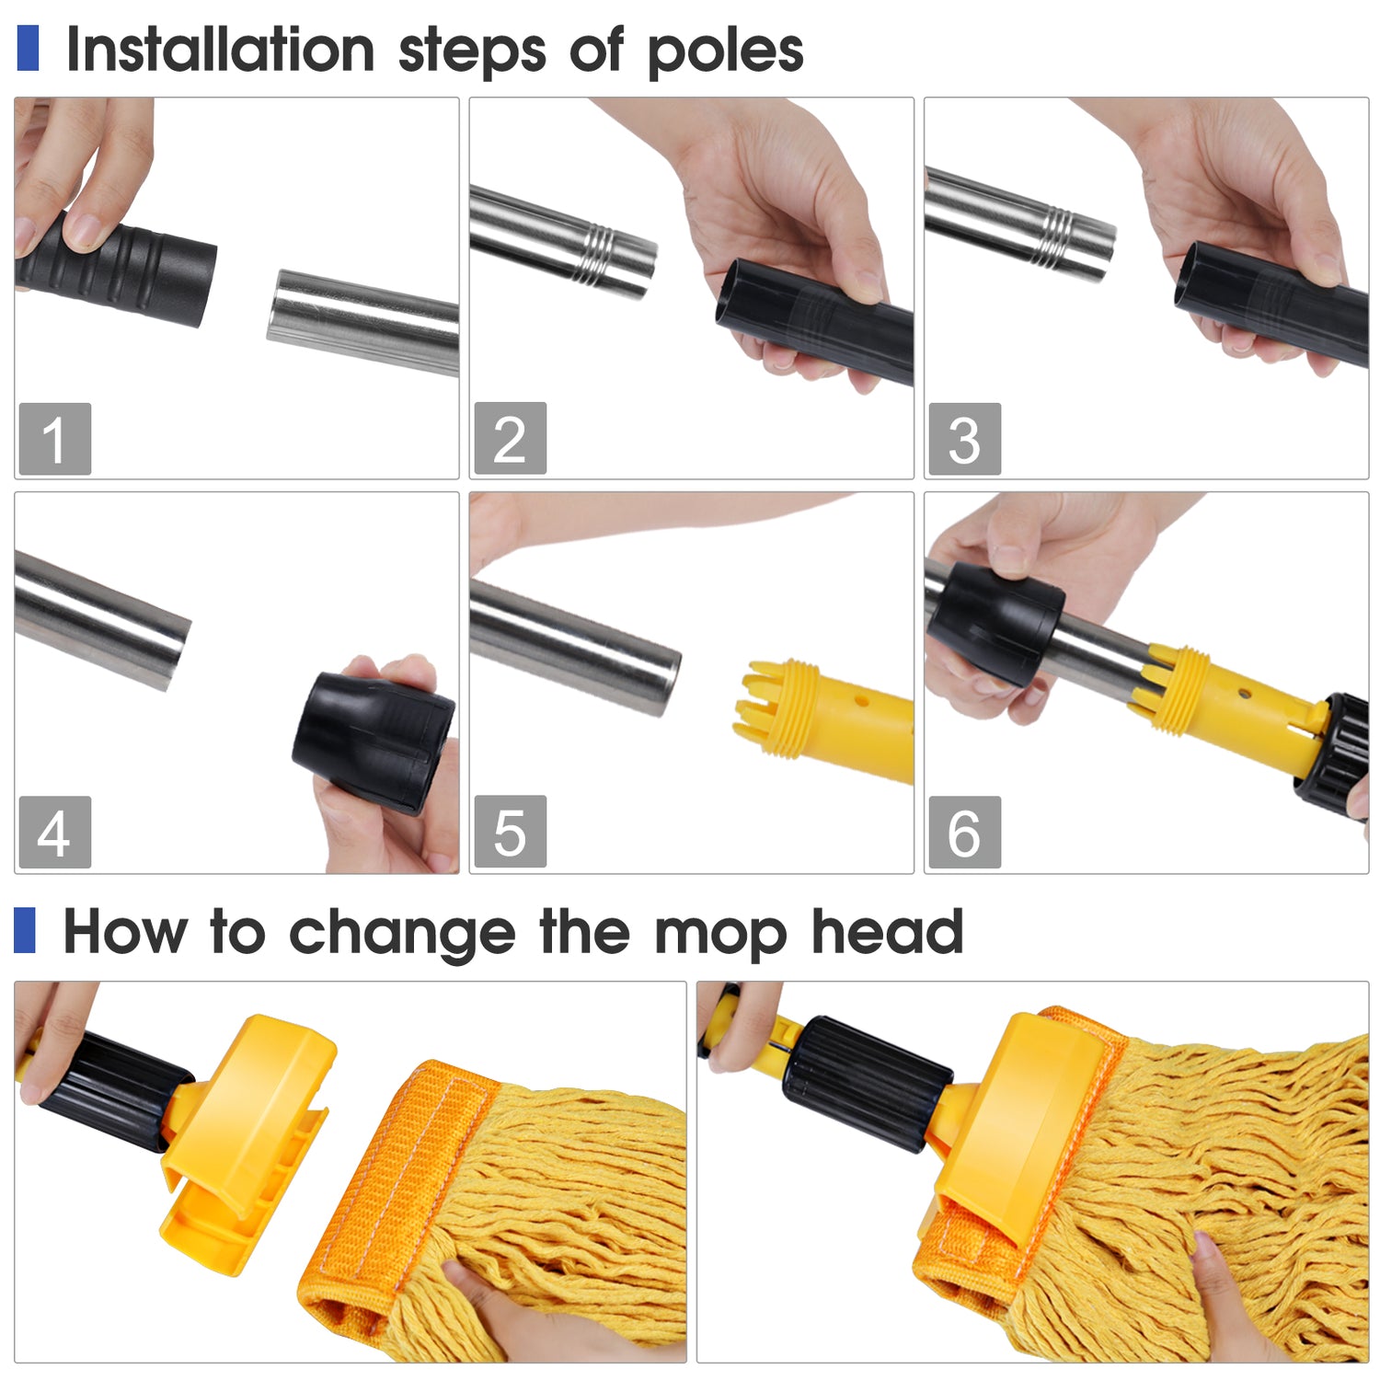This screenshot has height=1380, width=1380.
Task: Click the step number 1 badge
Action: [55, 439]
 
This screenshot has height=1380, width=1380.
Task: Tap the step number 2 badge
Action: [511, 438]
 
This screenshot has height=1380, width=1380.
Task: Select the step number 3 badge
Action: [964, 439]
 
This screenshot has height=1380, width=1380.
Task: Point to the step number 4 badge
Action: [55, 832]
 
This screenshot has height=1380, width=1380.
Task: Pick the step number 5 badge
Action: [511, 832]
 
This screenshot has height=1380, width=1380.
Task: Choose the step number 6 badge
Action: [964, 832]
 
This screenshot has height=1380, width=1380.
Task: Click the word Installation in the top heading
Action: [221, 50]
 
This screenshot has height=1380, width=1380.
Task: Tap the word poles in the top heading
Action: [726, 53]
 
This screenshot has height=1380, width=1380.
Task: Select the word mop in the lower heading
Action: [720, 937]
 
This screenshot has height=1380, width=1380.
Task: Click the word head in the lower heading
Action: [887, 931]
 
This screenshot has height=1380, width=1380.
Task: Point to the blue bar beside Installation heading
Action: [28, 48]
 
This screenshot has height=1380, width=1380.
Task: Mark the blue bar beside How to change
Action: [25, 930]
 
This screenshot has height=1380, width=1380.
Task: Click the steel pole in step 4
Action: [102, 619]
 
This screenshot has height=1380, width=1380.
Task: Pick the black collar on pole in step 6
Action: [995, 624]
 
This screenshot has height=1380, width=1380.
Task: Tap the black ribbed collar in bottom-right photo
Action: [867, 1084]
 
